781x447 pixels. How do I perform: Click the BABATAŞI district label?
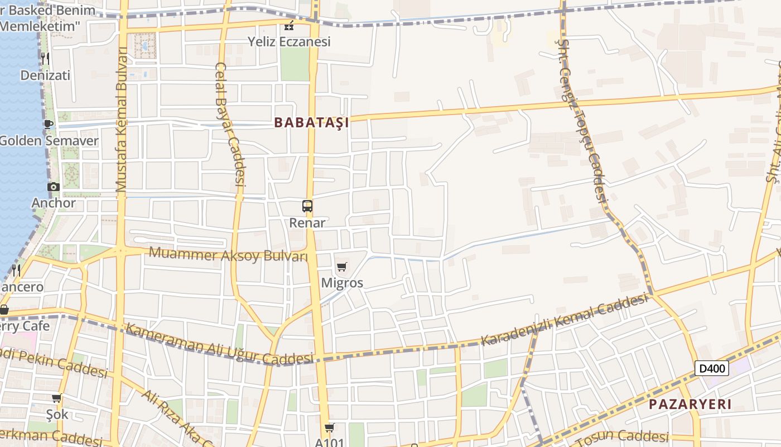tap(311, 122)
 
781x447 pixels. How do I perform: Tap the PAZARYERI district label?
tap(690, 405)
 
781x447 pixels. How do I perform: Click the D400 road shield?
tap(711, 368)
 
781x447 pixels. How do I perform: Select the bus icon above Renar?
tap(307, 206)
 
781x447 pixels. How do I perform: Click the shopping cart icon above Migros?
tap(342, 267)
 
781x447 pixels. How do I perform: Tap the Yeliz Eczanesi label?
tap(289, 41)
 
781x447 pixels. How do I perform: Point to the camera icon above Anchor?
tap(54, 187)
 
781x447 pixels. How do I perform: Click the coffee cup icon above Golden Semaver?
tap(48, 124)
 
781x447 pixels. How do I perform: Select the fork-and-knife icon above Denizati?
tap(45, 58)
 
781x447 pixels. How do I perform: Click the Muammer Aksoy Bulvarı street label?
tap(228, 255)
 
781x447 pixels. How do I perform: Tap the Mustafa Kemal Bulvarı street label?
tap(122, 120)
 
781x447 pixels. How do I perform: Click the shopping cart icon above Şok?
tap(56, 398)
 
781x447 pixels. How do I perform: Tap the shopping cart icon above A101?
tap(329, 428)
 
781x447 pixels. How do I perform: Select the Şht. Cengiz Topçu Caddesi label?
tap(584, 120)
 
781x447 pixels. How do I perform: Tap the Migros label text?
tap(342, 283)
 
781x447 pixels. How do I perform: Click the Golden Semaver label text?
tap(49, 140)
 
